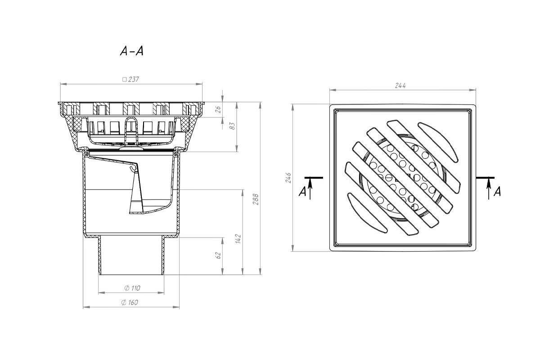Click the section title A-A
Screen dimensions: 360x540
pyautogui.click(x=131, y=52)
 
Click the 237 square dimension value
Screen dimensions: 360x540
pyautogui.click(x=131, y=79)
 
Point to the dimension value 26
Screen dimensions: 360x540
pyautogui.click(x=219, y=109)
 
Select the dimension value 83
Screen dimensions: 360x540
pyautogui.click(x=233, y=126)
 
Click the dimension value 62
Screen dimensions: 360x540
pyautogui.click(x=218, y=255)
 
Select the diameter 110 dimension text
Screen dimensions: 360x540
pyautogui.click(x=131, y=288)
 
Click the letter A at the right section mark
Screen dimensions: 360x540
pyautogui.click(x=497, y=192)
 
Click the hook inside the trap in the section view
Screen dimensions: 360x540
pyautogui.click(x=131, y=169)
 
